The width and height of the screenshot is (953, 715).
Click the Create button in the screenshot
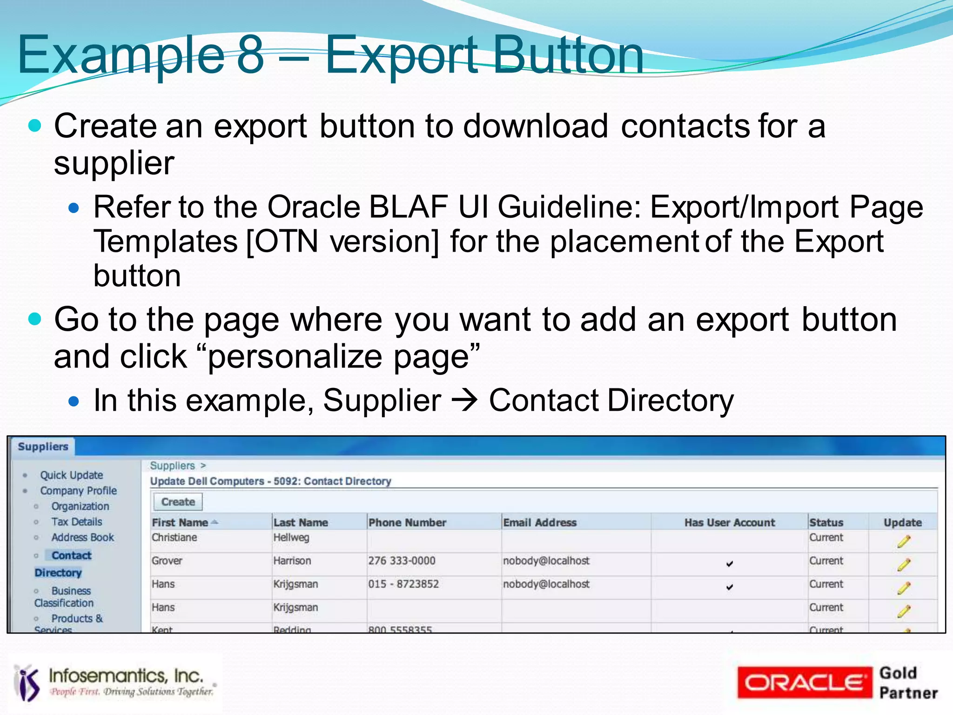pyautogui.click(x=178, y=502)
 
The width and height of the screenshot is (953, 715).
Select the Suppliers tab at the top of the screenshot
pyautogui.click(x=43, y=447)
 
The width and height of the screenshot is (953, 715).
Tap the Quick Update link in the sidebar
pyautogui.click(x=71, y=475)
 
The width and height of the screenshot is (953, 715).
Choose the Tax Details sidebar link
pyautogui.click(x=76, y=521)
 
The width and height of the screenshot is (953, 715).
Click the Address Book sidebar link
pyautogui.click(x=82, y=537)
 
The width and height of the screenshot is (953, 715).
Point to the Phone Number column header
pyautogui.click(x=407, y=522)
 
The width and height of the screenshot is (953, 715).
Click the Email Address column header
pyautogui.click(x=539, y=522)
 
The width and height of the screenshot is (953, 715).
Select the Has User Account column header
pyautogui.click(x=729, y=522)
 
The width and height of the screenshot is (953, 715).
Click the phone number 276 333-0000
pyautogui.click(x=402, y=561)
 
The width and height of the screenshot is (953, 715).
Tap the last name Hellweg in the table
pyautogui.click(x=291, y=537)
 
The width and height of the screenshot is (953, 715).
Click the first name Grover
pyautogui.click(x=167, y=561)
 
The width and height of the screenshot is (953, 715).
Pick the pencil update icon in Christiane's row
pyautogui.click(x=903, y=541)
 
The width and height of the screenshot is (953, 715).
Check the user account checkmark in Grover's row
pyautogui.click(x=729, y=564)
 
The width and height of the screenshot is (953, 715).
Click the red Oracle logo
pyautogui.click(x=804, y=682)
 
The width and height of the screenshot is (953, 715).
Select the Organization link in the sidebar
pyautogui.click(x=80, y=506)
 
